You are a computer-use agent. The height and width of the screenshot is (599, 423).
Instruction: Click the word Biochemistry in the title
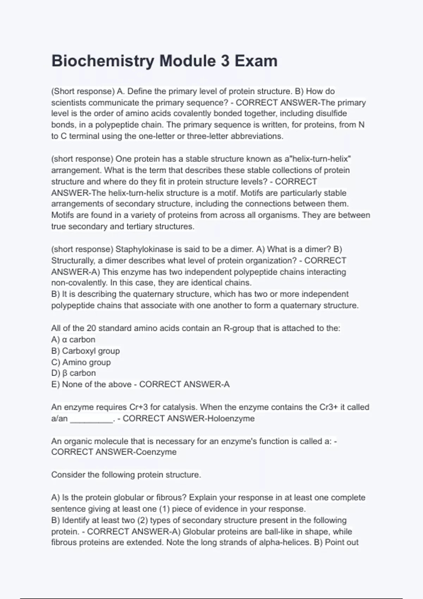click(103, 61)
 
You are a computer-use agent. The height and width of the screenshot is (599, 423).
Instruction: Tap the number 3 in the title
click(225, 61)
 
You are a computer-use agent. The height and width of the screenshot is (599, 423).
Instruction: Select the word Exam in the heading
click(256, 61)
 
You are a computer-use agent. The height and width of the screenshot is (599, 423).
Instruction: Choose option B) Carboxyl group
click(86, 351)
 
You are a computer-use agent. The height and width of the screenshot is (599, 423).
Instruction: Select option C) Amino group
click(81, 362)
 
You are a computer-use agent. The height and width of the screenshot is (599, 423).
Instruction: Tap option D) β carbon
click(74, 373)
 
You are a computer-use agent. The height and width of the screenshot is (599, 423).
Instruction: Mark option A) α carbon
click(73, 340)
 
